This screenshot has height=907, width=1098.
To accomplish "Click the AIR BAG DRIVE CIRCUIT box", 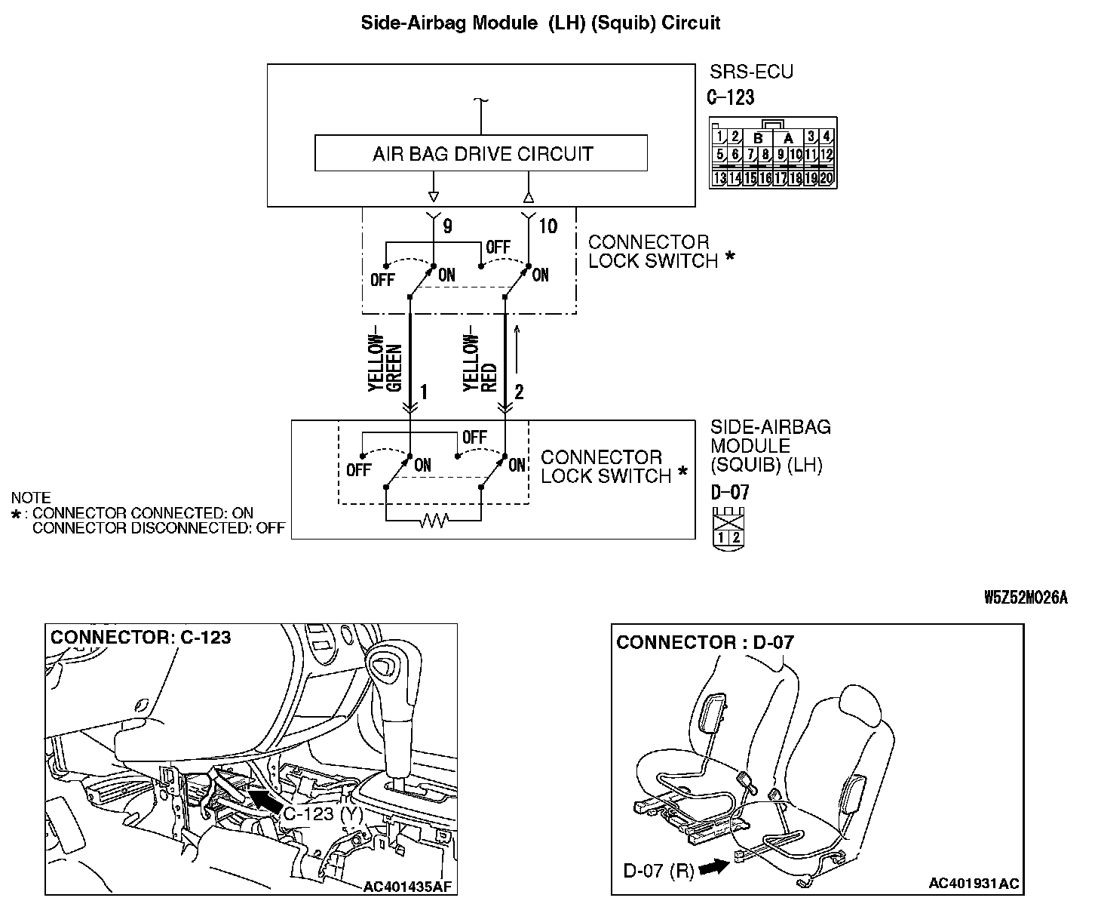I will (480, 154).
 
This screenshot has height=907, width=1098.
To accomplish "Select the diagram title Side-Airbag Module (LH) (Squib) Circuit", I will (540, 23).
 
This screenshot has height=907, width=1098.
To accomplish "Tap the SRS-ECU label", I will (751, 72).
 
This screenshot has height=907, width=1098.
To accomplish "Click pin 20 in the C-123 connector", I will (827, 179).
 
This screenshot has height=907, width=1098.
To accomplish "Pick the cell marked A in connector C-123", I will (788, 138).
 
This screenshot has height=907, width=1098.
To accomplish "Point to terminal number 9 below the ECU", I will (447, 226).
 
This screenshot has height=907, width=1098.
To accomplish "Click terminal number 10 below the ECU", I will (548, 226).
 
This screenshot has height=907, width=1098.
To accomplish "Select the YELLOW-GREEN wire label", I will (385, 362).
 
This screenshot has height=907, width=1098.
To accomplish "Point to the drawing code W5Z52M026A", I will (1026, 598).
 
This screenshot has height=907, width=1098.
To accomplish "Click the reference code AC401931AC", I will (974, 883).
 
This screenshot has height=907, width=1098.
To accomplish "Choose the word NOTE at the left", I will (31, 498).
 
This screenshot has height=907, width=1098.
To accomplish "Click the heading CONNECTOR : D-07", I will (705, 642).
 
